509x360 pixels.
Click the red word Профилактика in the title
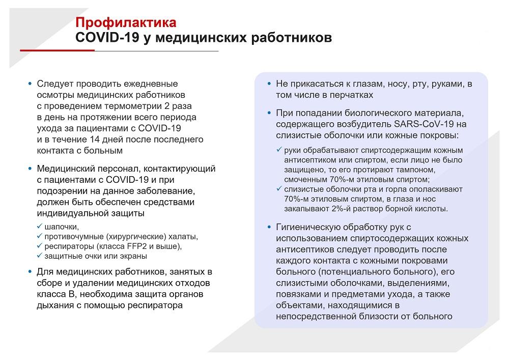(x=126, y=23)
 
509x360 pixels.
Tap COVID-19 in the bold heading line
(x=107, y=37)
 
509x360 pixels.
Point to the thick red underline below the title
(x=57, y=50)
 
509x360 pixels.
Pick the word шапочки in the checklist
(x=62, y=227)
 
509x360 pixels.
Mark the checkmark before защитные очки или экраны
(x=40, y=256)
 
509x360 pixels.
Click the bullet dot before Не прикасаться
(x=269, y=84)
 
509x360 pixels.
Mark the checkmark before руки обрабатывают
(x=279, y=150)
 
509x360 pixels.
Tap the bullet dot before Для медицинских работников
(x=30, y=272)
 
